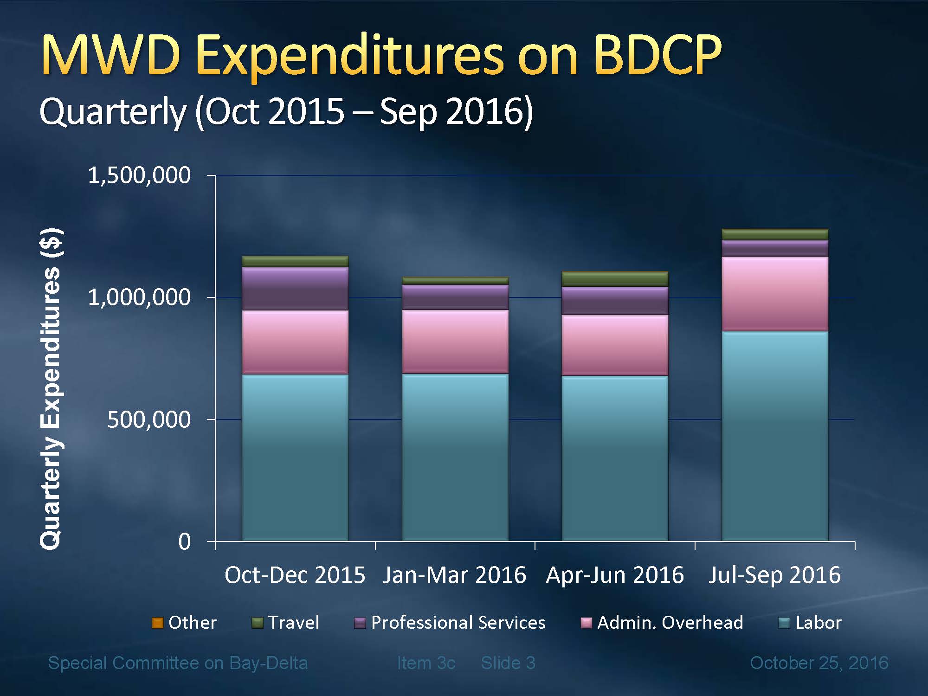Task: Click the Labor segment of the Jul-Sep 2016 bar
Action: tap(775, 436)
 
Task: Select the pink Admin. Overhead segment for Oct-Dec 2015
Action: tap(295, 342)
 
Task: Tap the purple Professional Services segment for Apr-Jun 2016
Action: tap(615, 301)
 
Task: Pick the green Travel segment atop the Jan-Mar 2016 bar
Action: tap(455, 281)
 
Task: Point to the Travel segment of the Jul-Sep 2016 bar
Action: tap(775, 234)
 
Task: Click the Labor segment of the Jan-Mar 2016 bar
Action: tap(455, 457)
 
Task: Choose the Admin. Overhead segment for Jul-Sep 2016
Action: tap(775, 294)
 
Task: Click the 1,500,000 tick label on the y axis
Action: tap(139, 175)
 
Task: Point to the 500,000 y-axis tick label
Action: tap(148, 420)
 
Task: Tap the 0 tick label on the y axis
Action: tap(185, 541)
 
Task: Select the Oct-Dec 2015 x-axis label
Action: tap(295, 575)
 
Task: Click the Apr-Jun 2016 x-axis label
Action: tap(615, 575)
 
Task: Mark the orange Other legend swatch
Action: tap(158, 623)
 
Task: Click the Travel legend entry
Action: tap(293, 623)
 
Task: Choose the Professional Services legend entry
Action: tap(458, 623)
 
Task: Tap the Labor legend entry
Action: tap(818, 623)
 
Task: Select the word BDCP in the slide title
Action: tap(657, 56)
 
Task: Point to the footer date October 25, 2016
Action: tap(819, 663)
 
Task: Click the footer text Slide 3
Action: tap(508, 663)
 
